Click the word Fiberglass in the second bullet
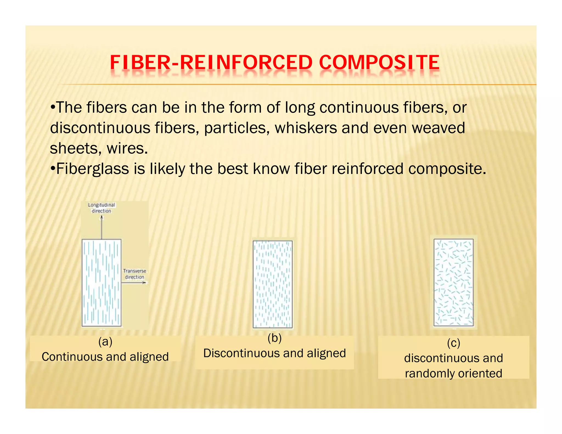click(92, 168)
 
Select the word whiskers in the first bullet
click(306, 128)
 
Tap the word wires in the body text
click(127, 148)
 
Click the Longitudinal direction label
click(102, 208)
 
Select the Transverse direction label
click(134, 274)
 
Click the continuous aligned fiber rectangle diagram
click(102, 283)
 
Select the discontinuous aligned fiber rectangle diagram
click(272, 284)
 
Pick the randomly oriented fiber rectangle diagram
click(453, 283)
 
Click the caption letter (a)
click(105, 342)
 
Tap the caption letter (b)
click(274, 338)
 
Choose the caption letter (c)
click(453, 343)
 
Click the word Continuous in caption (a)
click(72, 357)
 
